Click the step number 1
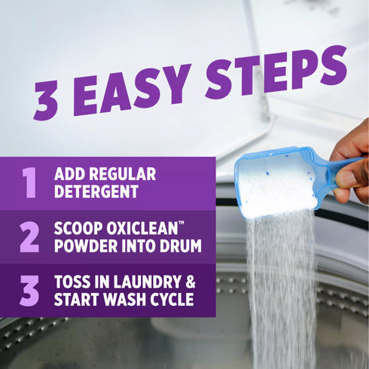(29, 182)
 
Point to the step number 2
(29, 236)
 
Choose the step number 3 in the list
(29, 291)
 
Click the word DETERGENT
(96, 191)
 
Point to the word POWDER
(84, 245)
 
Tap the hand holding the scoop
(352, 158)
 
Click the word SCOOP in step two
(80, 228)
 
